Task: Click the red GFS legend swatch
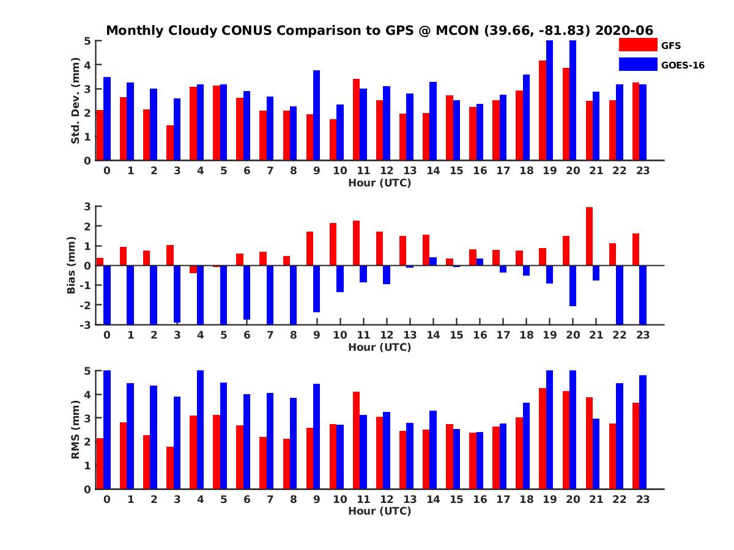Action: tap(637, 45)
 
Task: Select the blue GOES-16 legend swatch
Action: tap(637, 64)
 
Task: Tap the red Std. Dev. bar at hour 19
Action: tap(543, 111)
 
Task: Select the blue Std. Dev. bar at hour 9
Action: tap(316, 116)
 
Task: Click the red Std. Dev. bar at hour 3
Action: tap(170, 143)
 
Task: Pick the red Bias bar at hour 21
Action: tap(589, 236)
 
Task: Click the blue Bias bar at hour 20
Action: tap(573, 286)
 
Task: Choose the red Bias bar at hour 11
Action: tap(356, 243)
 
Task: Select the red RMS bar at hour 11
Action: tap(356, 440)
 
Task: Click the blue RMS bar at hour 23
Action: tap(643, 432)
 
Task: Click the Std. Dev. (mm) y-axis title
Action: tap(75, 101)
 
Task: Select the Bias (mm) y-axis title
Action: tap(72, 265)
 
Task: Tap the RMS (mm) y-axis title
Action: tap(75, 430)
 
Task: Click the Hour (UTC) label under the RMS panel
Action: tap(379, 511)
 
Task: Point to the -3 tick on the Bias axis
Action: tap(87, 324)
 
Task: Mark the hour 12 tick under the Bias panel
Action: tap(387, 335)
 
